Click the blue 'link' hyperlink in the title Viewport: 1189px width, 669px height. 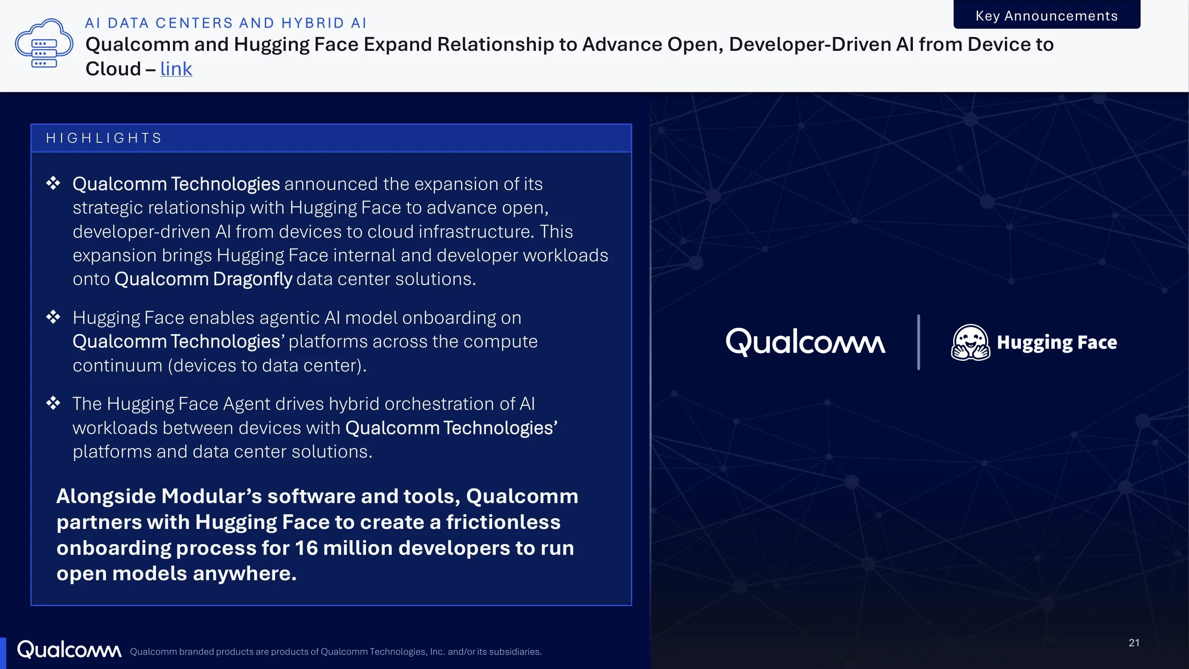tap(176, 69)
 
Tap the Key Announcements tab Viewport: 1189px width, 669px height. tap(1046, 15)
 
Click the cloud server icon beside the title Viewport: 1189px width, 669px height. tap(44, 43)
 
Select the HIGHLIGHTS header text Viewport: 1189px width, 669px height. tap(104, 138)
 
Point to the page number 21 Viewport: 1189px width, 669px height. tap(1134, 643)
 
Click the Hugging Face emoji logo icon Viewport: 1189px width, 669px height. tap(970, 342)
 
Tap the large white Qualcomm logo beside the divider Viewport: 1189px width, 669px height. tap(806, 342)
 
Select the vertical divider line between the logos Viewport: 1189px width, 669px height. tap(918, 342)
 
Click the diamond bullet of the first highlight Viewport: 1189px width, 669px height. tap(53, 183)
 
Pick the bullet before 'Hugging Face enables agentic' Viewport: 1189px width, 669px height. tap(53, 317)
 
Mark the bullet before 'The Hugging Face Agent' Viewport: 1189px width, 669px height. tap(53, 403)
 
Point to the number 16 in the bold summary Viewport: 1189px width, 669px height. tap(306, 548)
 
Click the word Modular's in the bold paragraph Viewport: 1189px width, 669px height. tap(211, 496)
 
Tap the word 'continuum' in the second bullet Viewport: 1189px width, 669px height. tap(118, 366)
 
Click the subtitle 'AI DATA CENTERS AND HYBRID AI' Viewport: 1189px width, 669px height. tap(226, 23)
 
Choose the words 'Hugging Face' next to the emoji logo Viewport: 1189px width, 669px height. tap(1057, 343)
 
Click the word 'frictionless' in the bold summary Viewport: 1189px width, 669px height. tap(503, 522)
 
